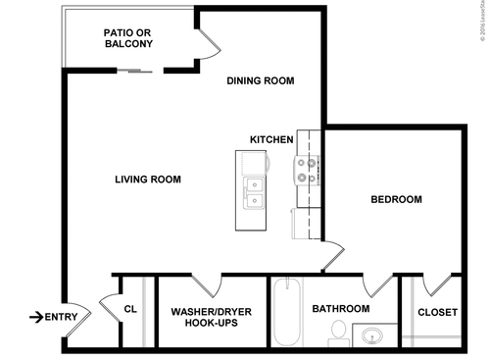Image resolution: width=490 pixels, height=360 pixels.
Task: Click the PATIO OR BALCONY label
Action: [x=127, y=38]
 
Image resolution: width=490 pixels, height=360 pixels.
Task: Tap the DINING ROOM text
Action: [x=261, y=80]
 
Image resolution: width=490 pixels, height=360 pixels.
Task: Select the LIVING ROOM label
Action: [x=148, y=179]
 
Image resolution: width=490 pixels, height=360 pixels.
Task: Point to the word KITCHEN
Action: [x=271, y=140]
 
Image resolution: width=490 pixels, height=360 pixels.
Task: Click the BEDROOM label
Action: [x=396, y=199]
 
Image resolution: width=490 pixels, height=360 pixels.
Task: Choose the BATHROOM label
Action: [x=340, y=309]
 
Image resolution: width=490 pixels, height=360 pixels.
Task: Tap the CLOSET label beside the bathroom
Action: [x=437, y=313]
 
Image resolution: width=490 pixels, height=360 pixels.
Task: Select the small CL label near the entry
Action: [x=129, y=309]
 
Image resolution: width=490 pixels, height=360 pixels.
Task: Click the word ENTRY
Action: [x=61, y=317]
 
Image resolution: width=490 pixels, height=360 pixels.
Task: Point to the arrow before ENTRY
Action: [x=35, y=317]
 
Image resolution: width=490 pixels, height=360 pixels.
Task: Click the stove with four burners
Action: [x=309, y=171]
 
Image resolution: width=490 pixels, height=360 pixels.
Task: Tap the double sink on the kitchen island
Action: [x=252, y=191]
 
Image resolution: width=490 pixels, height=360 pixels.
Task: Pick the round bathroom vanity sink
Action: [x=372, y=337]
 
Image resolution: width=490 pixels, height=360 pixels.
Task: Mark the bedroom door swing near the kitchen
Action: [x=333, y=252]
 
